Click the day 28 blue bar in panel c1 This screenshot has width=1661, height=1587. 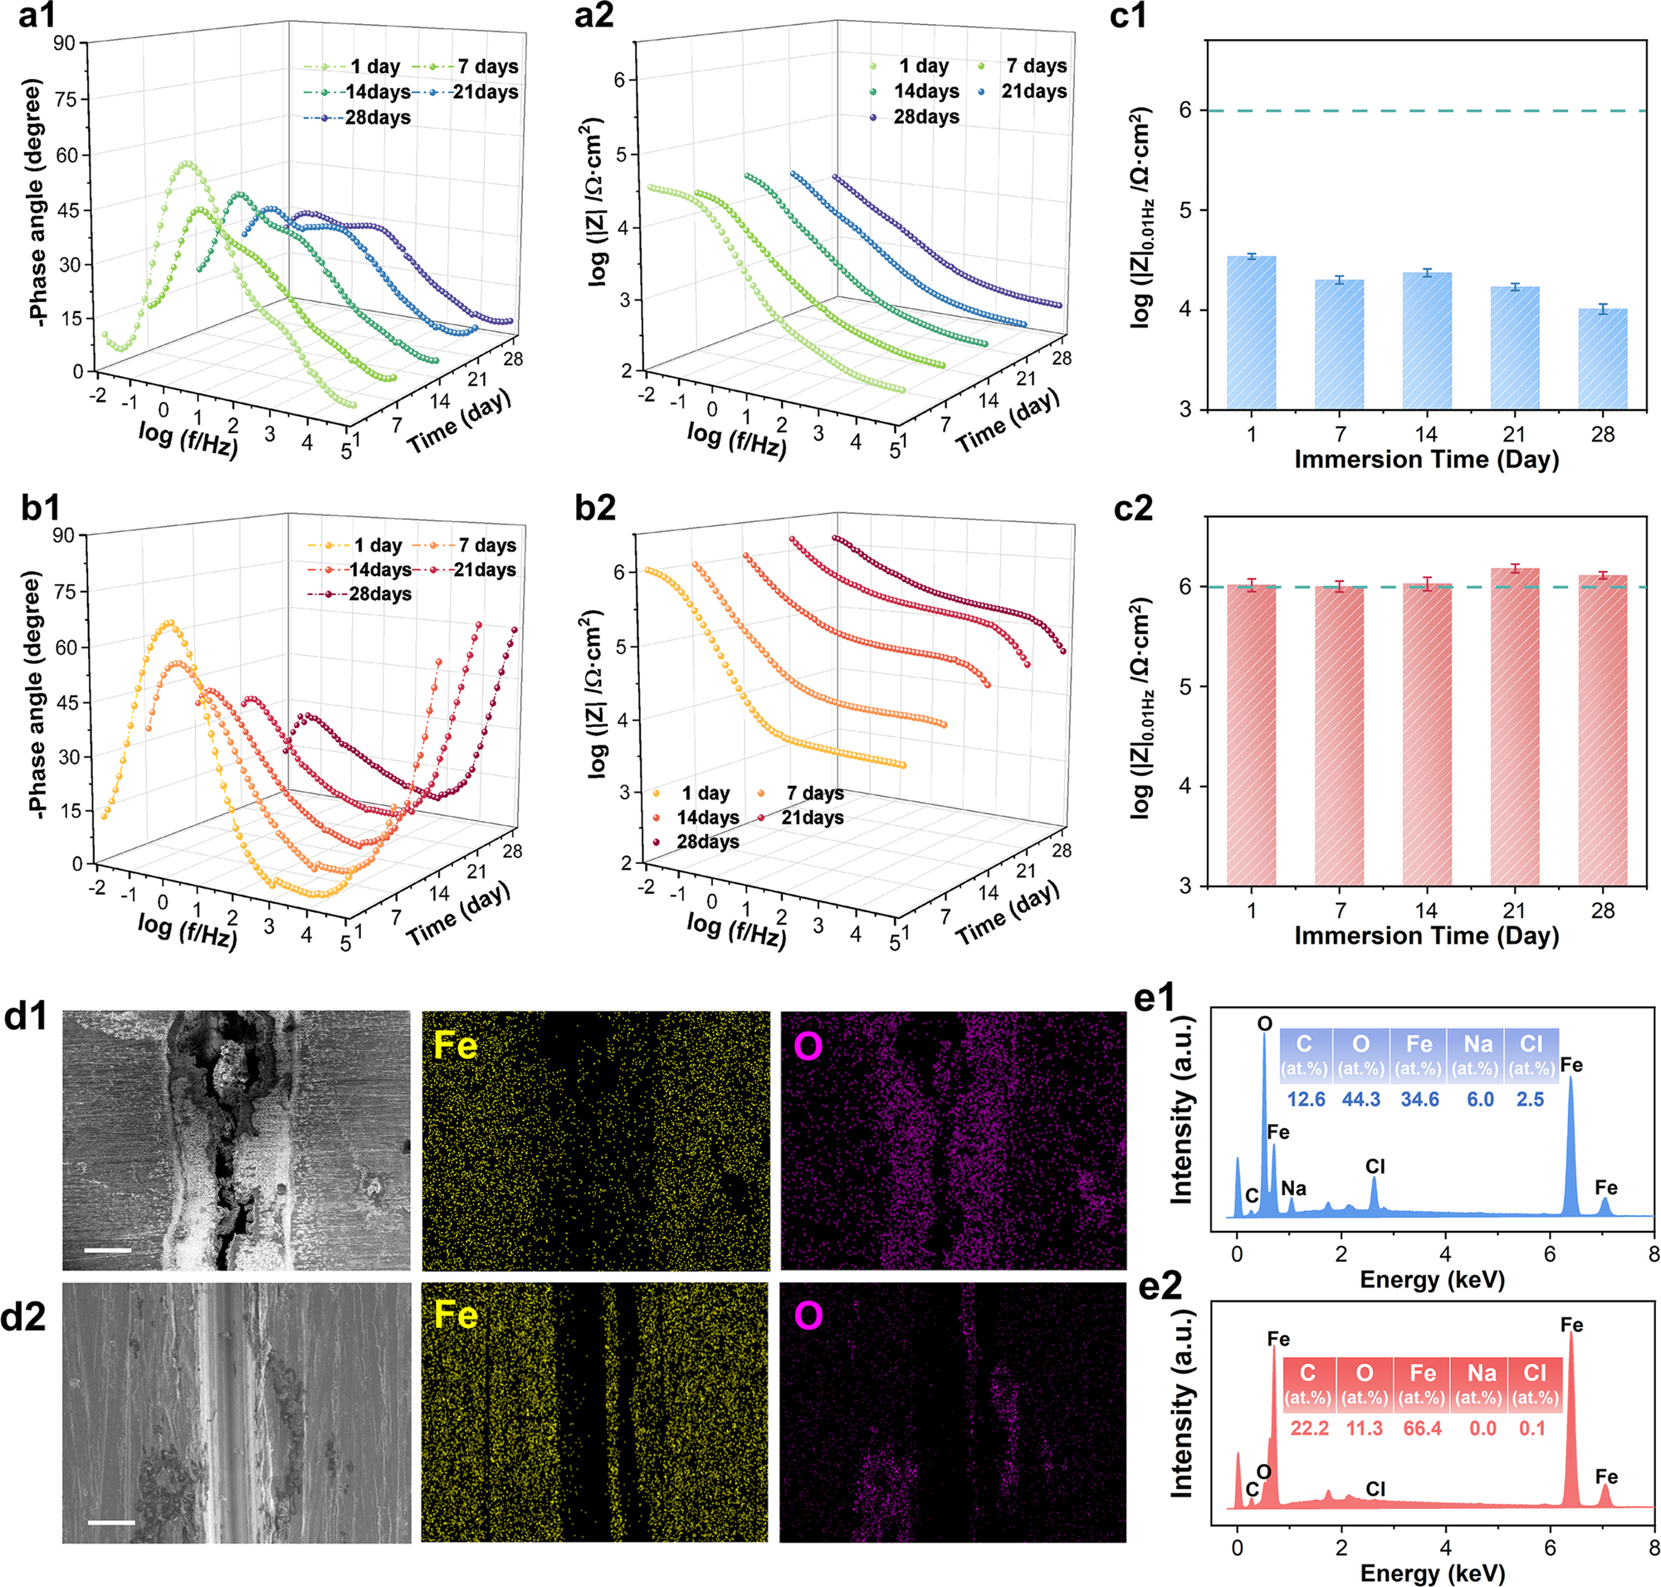point(1602,359)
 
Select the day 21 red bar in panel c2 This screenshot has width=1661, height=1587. point(1514,728)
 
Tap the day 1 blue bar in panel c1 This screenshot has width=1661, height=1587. point(1251,334)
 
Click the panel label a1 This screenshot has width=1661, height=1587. point(37,15)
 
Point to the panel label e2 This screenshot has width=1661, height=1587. point(1160,1287)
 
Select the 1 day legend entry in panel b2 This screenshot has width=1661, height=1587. point(693,793)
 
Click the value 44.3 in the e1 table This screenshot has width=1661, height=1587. point(1361,1099)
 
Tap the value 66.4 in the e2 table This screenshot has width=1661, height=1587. point(1422,1428)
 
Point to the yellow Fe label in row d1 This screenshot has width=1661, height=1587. point(455,1047)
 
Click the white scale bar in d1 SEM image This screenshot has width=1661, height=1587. point(107,1249)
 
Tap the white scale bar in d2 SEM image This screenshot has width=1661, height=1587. point(111,1522)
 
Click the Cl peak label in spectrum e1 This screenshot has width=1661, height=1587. point(1375,1166)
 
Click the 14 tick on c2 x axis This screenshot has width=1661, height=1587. point(1426,911)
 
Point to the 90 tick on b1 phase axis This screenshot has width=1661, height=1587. point(63,535)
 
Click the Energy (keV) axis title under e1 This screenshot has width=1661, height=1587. point(1432,1280)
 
